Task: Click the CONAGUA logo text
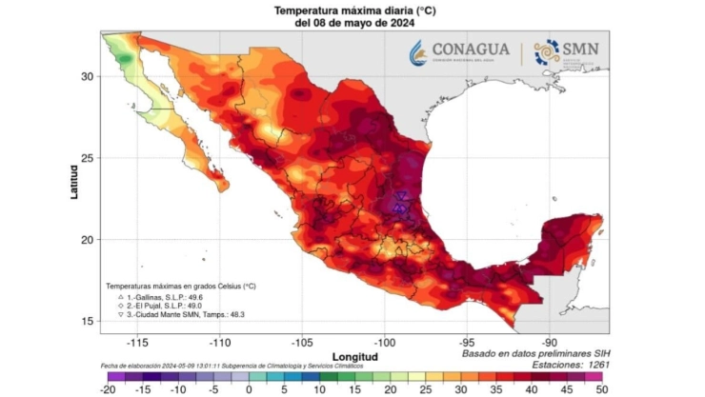pyautogui.click(x=470, y=50)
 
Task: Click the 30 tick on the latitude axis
pyautogui.click(x=88, y=76)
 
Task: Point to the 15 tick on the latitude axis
pyautogui.click(x=88, y=322)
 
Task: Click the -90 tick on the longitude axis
pyautogui.click(x=550, y=341)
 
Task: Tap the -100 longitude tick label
pyautogui.click(x=385, y=341)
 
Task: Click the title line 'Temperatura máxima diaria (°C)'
pyautogui.click(x=352, y=10)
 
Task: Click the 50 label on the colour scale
pyautogui.click(x=600, y=388)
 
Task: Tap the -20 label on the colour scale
pyautogui.click(x=107, y=388)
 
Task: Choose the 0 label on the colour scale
pyautogui.click(x=249, y=388)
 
